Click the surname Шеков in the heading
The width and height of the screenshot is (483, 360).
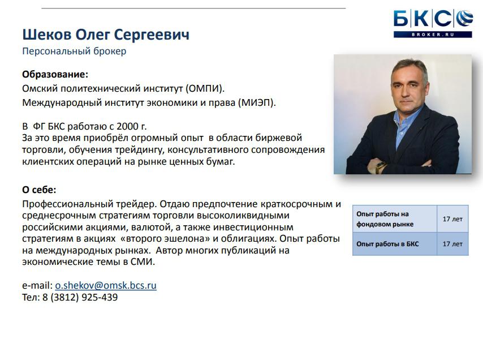point(47,35)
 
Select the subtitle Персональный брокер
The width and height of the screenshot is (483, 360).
point(74,51)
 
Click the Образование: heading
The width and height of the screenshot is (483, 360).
point(55,75)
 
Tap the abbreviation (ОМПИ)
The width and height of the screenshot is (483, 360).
point(205,89)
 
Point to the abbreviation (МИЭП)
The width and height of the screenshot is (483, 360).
point(257,102)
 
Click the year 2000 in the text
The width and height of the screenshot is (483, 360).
point(127,126)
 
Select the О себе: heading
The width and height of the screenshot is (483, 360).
point(39,190)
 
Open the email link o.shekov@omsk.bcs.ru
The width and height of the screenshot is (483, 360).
point(106,285)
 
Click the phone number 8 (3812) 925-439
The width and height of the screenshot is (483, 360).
point(80,297)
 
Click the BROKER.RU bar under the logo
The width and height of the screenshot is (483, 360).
point(433,35)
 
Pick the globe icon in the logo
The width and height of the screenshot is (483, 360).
point(464,19)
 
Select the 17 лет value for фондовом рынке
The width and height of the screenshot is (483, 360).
point(452,219)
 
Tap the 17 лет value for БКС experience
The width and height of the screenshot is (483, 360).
point(452,244)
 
